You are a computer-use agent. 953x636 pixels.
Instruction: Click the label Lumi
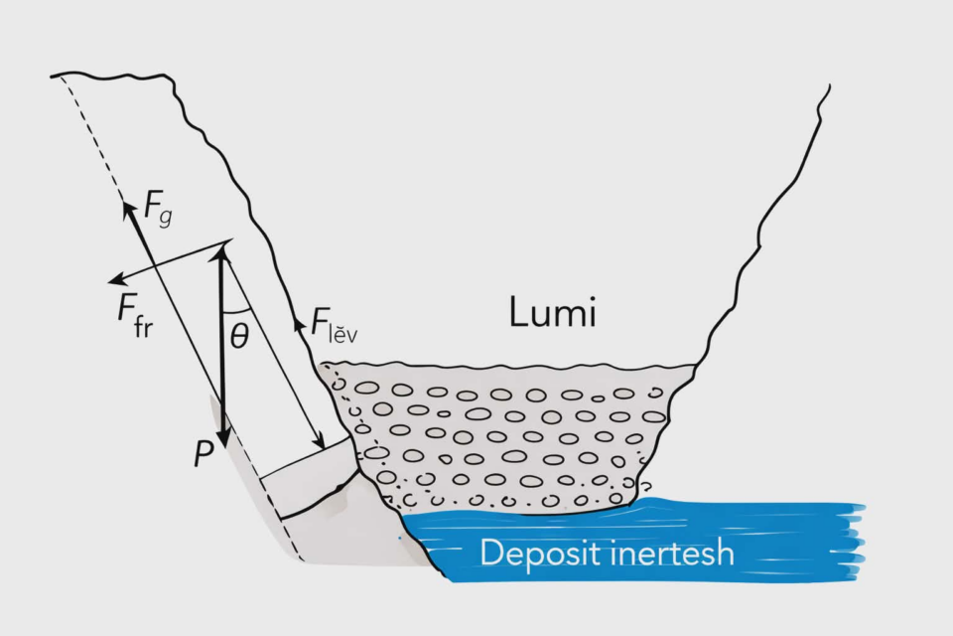point(552,315)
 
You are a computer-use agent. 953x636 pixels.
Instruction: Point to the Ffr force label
point(135,316)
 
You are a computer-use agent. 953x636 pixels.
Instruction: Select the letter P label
point(204,455)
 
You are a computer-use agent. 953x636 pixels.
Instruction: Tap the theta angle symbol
point(239,336)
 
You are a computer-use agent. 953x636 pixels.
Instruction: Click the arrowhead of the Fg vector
point(128,208)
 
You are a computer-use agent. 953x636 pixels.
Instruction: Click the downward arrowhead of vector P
point(222,437)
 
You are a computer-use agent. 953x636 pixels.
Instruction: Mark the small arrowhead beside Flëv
point(296,321)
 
